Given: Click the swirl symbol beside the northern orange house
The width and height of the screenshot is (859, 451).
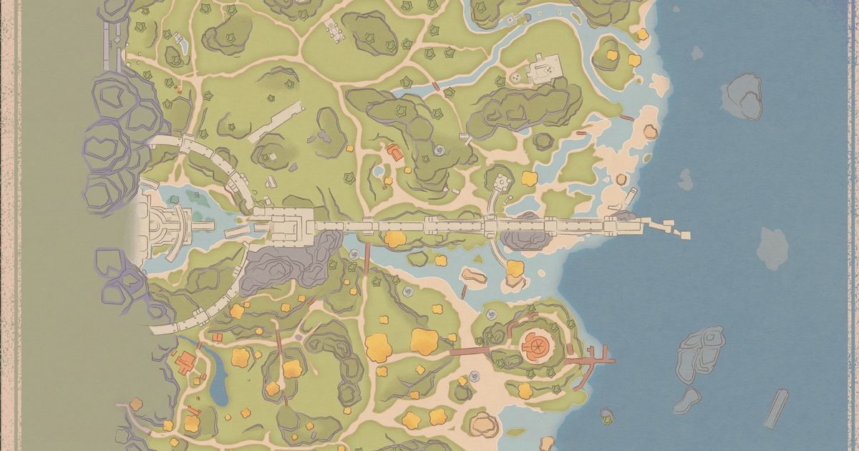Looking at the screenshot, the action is click(x=438, y=151).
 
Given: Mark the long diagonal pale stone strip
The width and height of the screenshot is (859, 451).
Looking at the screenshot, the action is click(x=276, y=122).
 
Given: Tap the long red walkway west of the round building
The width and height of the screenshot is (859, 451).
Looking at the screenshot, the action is click(x=468, y=351).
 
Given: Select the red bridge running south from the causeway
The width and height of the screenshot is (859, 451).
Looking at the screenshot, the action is click(x=367, y=258).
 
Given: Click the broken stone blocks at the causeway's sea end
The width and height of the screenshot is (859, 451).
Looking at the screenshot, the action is click(x=670, y=227).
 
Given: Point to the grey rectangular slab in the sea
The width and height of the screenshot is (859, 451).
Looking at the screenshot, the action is click(x=776, y=407).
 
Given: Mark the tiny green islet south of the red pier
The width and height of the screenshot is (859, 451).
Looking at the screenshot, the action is click(x=607, y=414).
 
